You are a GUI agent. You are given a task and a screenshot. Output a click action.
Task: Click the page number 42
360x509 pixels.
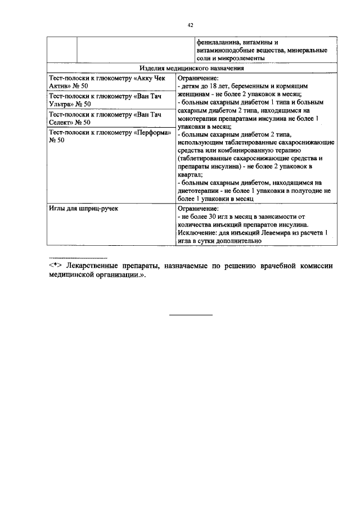190,25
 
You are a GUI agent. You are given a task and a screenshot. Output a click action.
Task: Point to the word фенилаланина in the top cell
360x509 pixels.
217,42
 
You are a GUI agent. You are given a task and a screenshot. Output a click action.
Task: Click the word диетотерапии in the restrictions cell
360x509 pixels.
201,191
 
